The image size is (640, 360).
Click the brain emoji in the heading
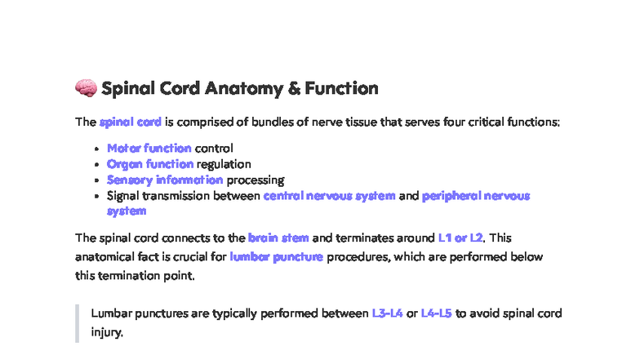[85, 88]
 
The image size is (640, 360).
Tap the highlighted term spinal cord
[130, 122]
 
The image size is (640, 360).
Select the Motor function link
[149, 149]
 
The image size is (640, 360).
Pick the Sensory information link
[165, 180]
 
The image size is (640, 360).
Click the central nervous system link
[330, 196]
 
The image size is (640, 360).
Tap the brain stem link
[278, 238]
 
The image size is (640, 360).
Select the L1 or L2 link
[460, 238]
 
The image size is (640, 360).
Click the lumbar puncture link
[277, 257]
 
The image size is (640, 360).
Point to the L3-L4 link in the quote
[387, 313]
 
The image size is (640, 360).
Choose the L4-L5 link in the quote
[437, 313]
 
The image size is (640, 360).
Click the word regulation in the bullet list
[224, 164]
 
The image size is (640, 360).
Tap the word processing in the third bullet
[256, 180]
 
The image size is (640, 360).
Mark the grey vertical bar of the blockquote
[78, 322]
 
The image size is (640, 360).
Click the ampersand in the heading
[294, 88]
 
